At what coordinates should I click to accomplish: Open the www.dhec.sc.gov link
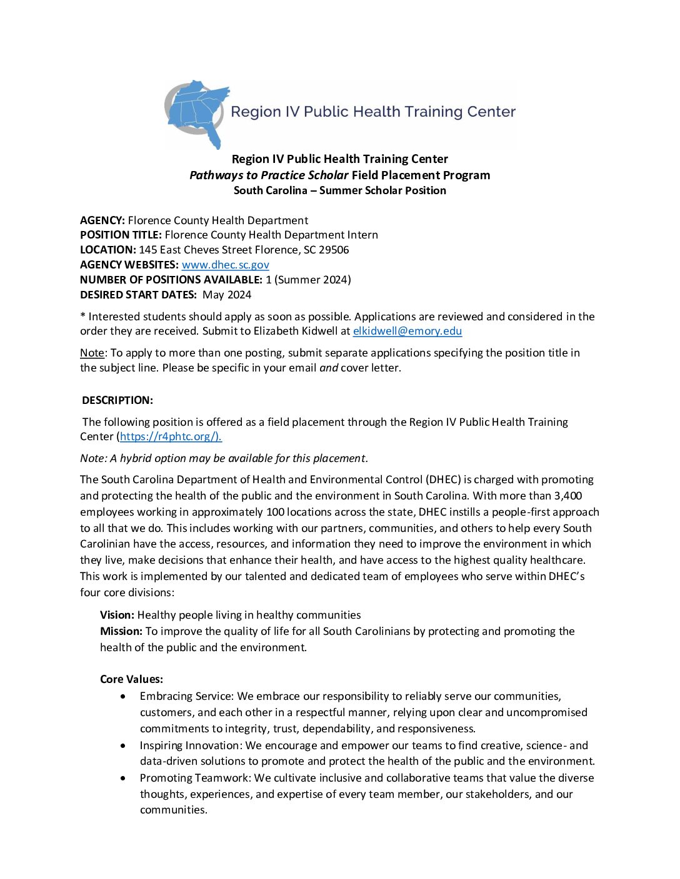(225, 265)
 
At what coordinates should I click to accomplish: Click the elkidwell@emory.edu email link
(407, 331)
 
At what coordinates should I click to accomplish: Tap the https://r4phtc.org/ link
(170, 436)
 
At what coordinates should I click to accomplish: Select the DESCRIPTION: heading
(117, 400)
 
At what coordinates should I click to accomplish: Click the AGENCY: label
(102, 220)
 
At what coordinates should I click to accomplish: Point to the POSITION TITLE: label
(121, 235)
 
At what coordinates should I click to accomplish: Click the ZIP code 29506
(334, 250)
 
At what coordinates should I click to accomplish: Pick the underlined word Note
(92, 353)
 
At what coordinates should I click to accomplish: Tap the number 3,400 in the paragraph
(567, 496)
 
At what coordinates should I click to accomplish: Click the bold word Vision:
(117, 615)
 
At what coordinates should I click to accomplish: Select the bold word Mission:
(121, 631)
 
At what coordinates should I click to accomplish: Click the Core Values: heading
(131, 679)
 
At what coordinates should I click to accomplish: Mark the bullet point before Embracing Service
(123, 696)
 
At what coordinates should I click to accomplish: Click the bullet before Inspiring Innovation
(123, 745)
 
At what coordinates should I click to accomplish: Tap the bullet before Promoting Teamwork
(123, 778)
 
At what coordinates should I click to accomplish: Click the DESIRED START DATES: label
(138, 295)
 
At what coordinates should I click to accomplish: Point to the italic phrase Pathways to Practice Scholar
(269, 175)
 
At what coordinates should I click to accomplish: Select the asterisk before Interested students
(82, 317)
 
